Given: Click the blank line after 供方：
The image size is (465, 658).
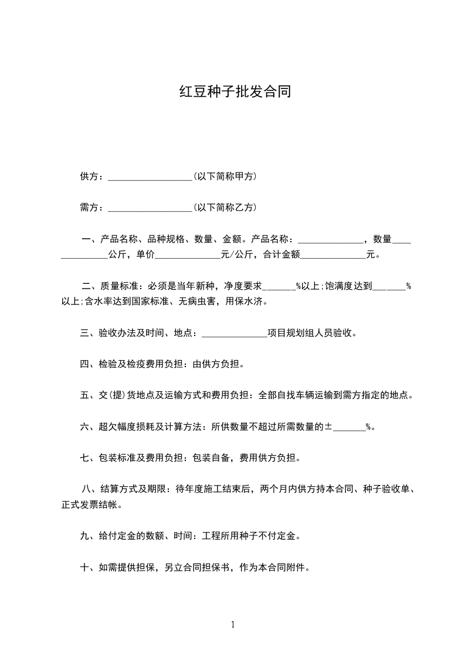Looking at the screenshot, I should pos(150,177).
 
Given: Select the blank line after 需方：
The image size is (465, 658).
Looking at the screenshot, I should pos(150,209).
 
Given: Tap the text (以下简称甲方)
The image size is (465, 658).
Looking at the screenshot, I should pos(225,177).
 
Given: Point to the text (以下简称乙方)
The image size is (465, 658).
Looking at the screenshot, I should pos(225,208).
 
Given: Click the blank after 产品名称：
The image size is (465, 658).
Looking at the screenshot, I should pos(331,240).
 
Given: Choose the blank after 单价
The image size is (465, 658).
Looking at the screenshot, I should pos(187,256).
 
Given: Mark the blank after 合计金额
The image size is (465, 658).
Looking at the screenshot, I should pos(332,256).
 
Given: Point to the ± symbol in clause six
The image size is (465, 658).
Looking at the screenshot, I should pos(329,427).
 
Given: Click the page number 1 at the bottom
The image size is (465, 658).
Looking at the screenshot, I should pos(233,625).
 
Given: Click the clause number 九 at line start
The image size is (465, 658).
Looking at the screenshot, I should pos(84,536).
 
